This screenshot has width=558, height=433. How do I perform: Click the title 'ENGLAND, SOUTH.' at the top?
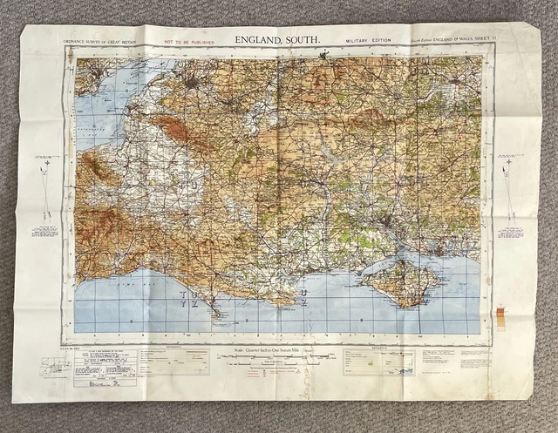pos(277,40)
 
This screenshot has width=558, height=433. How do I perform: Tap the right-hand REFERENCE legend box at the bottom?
pos(378,361)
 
